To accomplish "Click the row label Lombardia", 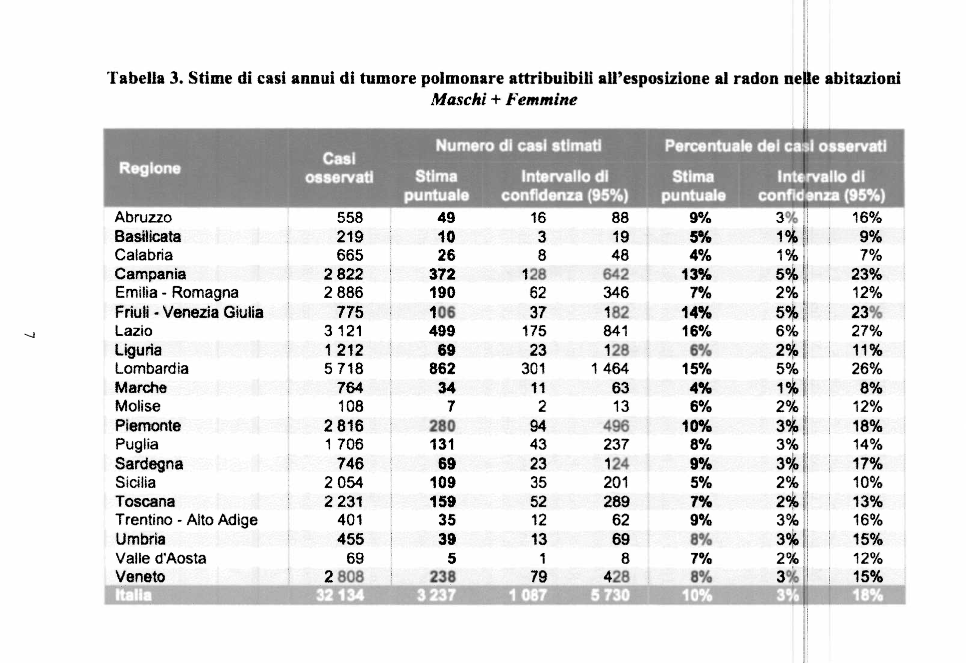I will pos(152,369).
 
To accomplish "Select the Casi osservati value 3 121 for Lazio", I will pos(343,331).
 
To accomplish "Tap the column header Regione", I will pos(150,168).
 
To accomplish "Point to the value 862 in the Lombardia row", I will pos(442,369).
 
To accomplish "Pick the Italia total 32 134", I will pos(340,595).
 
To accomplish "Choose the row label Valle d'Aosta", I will pos(161,558).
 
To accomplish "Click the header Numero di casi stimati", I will pos(519,146).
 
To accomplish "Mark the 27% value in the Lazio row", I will pos(866,331).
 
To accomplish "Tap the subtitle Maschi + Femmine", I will pos(504,100).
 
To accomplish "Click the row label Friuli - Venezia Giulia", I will pos(189,312).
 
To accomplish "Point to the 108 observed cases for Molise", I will pos(350,407).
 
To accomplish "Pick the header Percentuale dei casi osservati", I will pos(775,146).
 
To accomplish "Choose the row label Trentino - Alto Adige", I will pos(186,520).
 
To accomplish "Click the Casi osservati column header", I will pos(339,168).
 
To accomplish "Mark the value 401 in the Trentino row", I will pos(350,520).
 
